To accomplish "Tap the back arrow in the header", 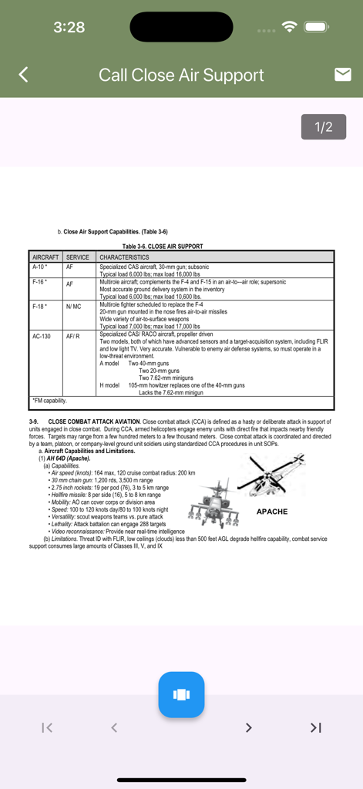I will [23, 75].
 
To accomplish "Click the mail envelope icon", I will [343, 74].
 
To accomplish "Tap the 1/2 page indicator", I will [324, 127].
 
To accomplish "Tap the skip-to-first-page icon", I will [47, 727].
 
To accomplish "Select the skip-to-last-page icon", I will [315, 727].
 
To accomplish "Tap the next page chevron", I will [248, 727].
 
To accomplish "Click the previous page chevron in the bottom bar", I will [114, 727].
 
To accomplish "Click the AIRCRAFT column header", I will [46, 257].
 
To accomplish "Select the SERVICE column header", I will [78, 257].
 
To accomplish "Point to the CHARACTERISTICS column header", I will [125, 257].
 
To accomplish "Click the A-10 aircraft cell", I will [40, 267].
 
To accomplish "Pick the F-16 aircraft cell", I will [40, 282].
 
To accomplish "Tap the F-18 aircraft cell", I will [40, 307].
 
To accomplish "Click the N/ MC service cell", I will [74, 307].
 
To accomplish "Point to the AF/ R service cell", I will [73, 337].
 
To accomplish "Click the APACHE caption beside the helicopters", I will [271, 512].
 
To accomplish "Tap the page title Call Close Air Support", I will [181, 75].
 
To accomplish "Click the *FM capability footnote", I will [50, 401].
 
